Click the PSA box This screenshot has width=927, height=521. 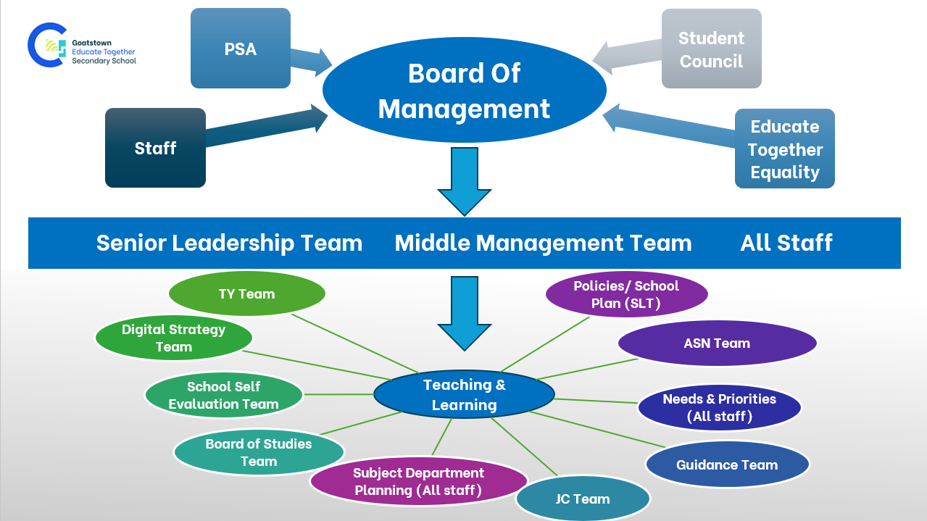click(x=240, y=49)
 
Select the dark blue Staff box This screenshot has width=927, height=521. click(x=155, y=148)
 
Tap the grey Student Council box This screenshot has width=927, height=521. click(x=711, y=49)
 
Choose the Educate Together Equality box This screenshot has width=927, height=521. click(x=784, y=149)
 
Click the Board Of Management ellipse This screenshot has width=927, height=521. click(x=464, y=91)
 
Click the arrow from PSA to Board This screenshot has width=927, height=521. click(x=310, y=60)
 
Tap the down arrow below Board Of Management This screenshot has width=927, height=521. click(x=464, y=181)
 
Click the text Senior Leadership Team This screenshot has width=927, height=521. click(x=229, y=243)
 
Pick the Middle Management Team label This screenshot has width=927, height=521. click(x=543, y=243)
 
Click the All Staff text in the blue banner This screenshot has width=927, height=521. click(x=786, y=243)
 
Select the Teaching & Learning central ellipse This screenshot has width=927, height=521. click(x=464, y=395)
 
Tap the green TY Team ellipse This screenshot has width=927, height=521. click(x=246, y=294)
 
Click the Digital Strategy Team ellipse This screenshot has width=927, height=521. click(x=173, y=338)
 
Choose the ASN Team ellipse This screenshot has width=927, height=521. click(x=717, y=343)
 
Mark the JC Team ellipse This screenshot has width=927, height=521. click(x=583, y=499)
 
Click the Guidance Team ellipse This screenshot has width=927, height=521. click(x=726, y=465)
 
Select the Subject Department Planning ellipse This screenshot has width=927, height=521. click(x=418, y=482)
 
